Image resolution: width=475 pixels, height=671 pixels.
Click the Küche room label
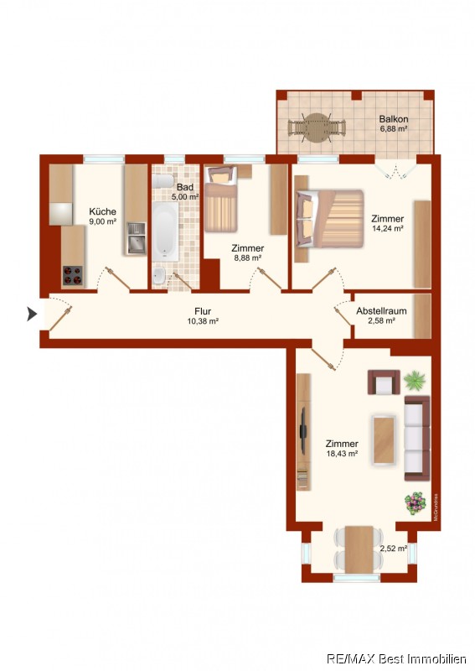click(x=102, y=211)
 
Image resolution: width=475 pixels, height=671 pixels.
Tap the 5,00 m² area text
click(x=185, y=197)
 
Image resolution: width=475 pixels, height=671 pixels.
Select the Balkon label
click(x=394, y=119)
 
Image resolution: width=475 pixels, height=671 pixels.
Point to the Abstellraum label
click(x=381, y=311)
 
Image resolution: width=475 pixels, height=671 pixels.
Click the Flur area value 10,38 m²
click(x=203, y=321)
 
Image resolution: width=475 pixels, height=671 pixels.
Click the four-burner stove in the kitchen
click(x=73, y=276)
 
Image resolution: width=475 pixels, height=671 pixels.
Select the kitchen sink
click(x=137, y=238)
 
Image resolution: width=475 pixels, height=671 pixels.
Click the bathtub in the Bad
click(x=166, y=231)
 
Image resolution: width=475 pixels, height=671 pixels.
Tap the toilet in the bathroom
click(x=163, y=181)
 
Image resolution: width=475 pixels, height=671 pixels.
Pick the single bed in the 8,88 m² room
click(x=221, y=200)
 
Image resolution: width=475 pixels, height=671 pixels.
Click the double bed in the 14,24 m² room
click(x=329, y=219)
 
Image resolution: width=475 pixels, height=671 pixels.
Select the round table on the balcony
click(x=317, y=127)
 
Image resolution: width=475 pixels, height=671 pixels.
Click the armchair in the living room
click(x=384, y=382)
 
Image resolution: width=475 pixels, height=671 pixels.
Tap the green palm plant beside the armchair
click(x=415, y=380)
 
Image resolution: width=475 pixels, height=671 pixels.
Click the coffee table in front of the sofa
click(x=384, y=440)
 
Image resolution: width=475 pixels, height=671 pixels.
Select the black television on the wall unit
click(x=303, y=431)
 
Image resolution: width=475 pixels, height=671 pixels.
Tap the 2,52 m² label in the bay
click(x=394, y=549)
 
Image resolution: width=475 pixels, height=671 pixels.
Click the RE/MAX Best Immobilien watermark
click(x=396, y=658)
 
